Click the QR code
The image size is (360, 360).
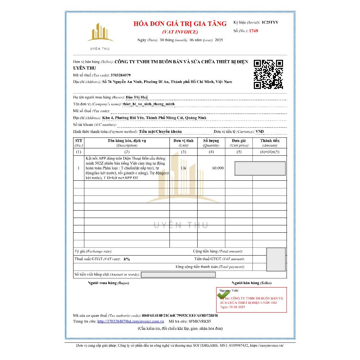pos(268,74)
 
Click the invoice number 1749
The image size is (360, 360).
pos(253,31)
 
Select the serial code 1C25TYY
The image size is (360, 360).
pos(270,22)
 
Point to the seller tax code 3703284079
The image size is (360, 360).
pos(121,75)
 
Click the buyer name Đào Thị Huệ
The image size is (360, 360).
pos(137,97)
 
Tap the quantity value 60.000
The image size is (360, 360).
pos(218,168)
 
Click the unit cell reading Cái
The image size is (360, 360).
pos(183,168)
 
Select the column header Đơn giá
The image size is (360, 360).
pos(239,141)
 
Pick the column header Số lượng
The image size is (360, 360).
pos(211,141)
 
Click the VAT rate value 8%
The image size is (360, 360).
pos(127,259)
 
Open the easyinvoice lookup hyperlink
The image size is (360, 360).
pos(130,321)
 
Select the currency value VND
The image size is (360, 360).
pos(260,131)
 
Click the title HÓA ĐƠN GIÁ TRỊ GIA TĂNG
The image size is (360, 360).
pos(180,24)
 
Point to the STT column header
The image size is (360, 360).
pos(78,141)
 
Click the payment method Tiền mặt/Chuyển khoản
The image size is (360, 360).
pos(160,131)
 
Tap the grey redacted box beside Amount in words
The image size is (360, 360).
pos(178,275)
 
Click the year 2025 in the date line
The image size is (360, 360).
pos(219,40)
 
